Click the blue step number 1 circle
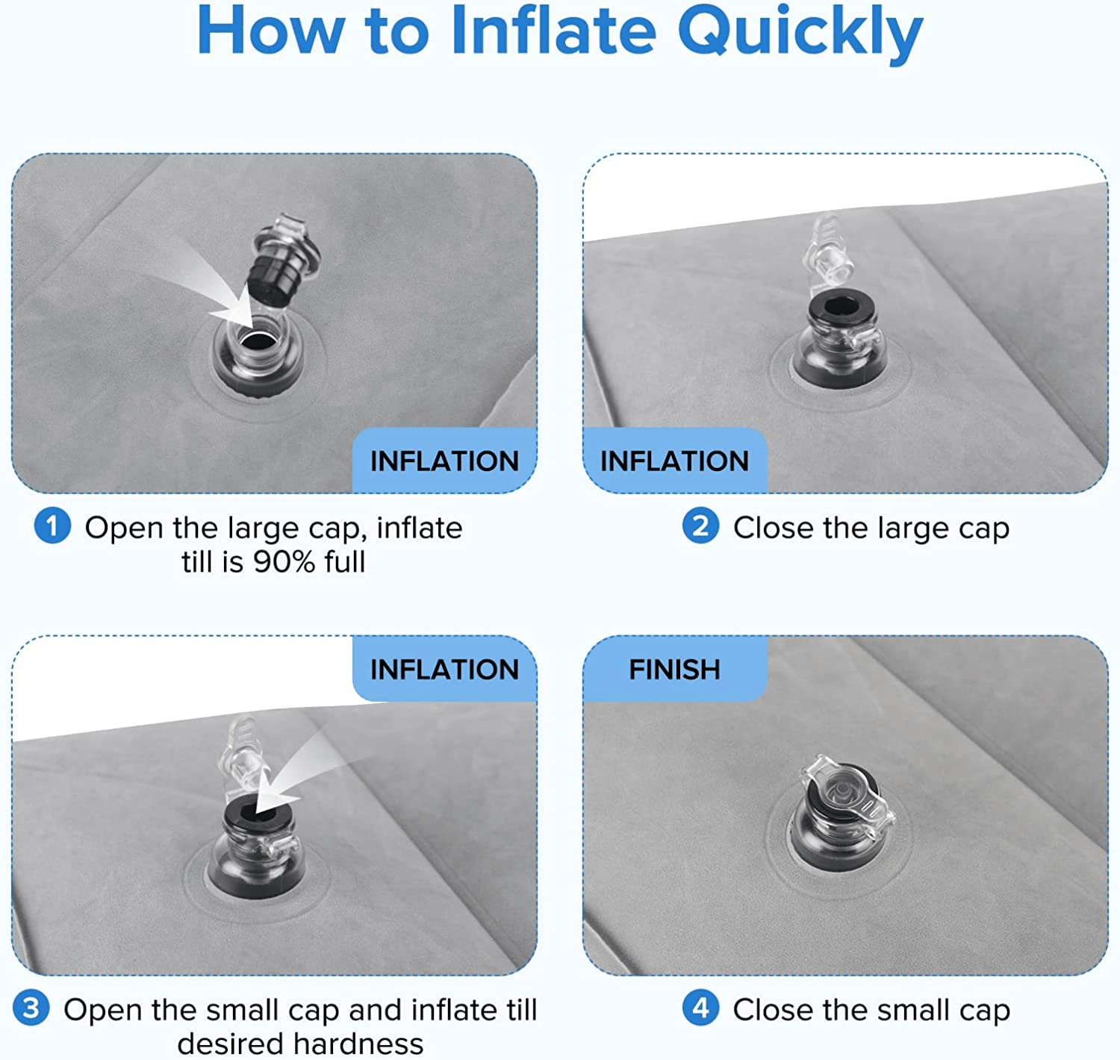52,526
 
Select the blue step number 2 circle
700,526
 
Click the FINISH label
674,669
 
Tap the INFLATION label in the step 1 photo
444,461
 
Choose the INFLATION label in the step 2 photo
674,461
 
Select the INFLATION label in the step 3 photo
444,669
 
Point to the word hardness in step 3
358,1044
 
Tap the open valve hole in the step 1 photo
258,342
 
